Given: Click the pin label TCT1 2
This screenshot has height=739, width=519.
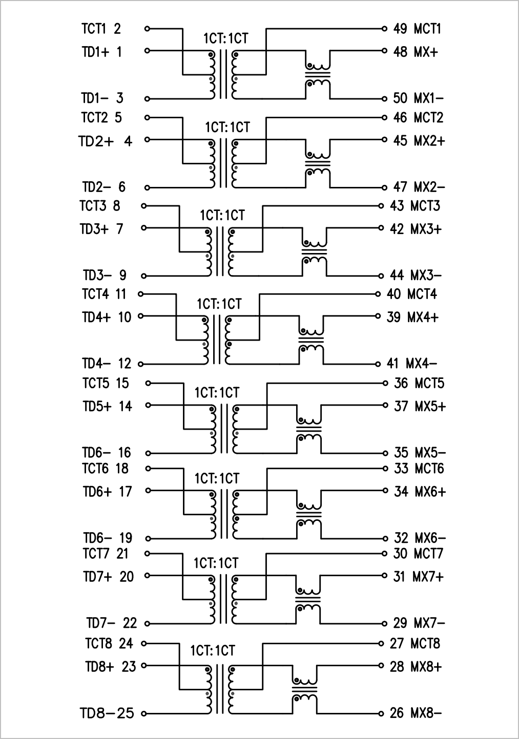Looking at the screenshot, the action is click(101, 29).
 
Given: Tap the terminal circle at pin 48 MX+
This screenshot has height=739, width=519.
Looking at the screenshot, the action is click(384, 51).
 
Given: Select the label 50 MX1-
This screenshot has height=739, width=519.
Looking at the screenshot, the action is click(418, 98).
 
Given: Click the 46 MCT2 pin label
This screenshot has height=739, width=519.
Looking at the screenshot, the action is click(418, 118).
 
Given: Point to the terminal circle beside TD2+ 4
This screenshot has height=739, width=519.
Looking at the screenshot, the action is click(147, 139).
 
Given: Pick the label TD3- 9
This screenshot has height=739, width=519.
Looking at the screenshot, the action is click(105, 276).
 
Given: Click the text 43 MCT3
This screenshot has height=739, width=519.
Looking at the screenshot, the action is click(414, 206).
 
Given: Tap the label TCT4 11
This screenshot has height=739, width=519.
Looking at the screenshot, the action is click(104, 294).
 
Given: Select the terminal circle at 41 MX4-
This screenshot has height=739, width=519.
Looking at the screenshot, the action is click(378, 364).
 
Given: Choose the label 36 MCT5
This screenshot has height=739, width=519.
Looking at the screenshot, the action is click(419, 384).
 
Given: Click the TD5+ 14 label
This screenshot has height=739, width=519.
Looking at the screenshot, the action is click(107, 406).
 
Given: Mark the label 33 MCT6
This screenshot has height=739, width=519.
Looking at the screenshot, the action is click(419, 469).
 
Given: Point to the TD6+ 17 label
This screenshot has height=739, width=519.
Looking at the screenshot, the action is click(107, 492).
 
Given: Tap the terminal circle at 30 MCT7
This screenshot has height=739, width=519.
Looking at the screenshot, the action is click(384, 554).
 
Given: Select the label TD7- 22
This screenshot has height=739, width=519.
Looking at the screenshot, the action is click(112, 623).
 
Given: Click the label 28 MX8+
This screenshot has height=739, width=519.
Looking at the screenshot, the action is click(416, 667).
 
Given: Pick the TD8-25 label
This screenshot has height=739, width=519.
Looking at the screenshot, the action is click(107, 713).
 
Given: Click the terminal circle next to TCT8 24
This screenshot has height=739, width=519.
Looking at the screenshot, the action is click(144, 644).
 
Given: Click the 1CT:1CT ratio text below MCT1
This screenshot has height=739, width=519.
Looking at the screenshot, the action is click(225, 39).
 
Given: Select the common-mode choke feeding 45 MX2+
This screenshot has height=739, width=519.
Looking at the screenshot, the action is click(318, 163).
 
